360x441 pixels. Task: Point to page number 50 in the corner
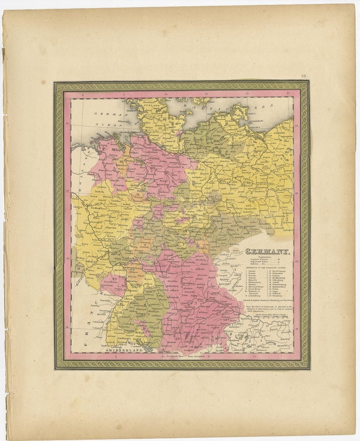(304, 76)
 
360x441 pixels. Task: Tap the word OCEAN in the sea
(107, 124)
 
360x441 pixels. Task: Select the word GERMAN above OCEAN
(104, 114)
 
